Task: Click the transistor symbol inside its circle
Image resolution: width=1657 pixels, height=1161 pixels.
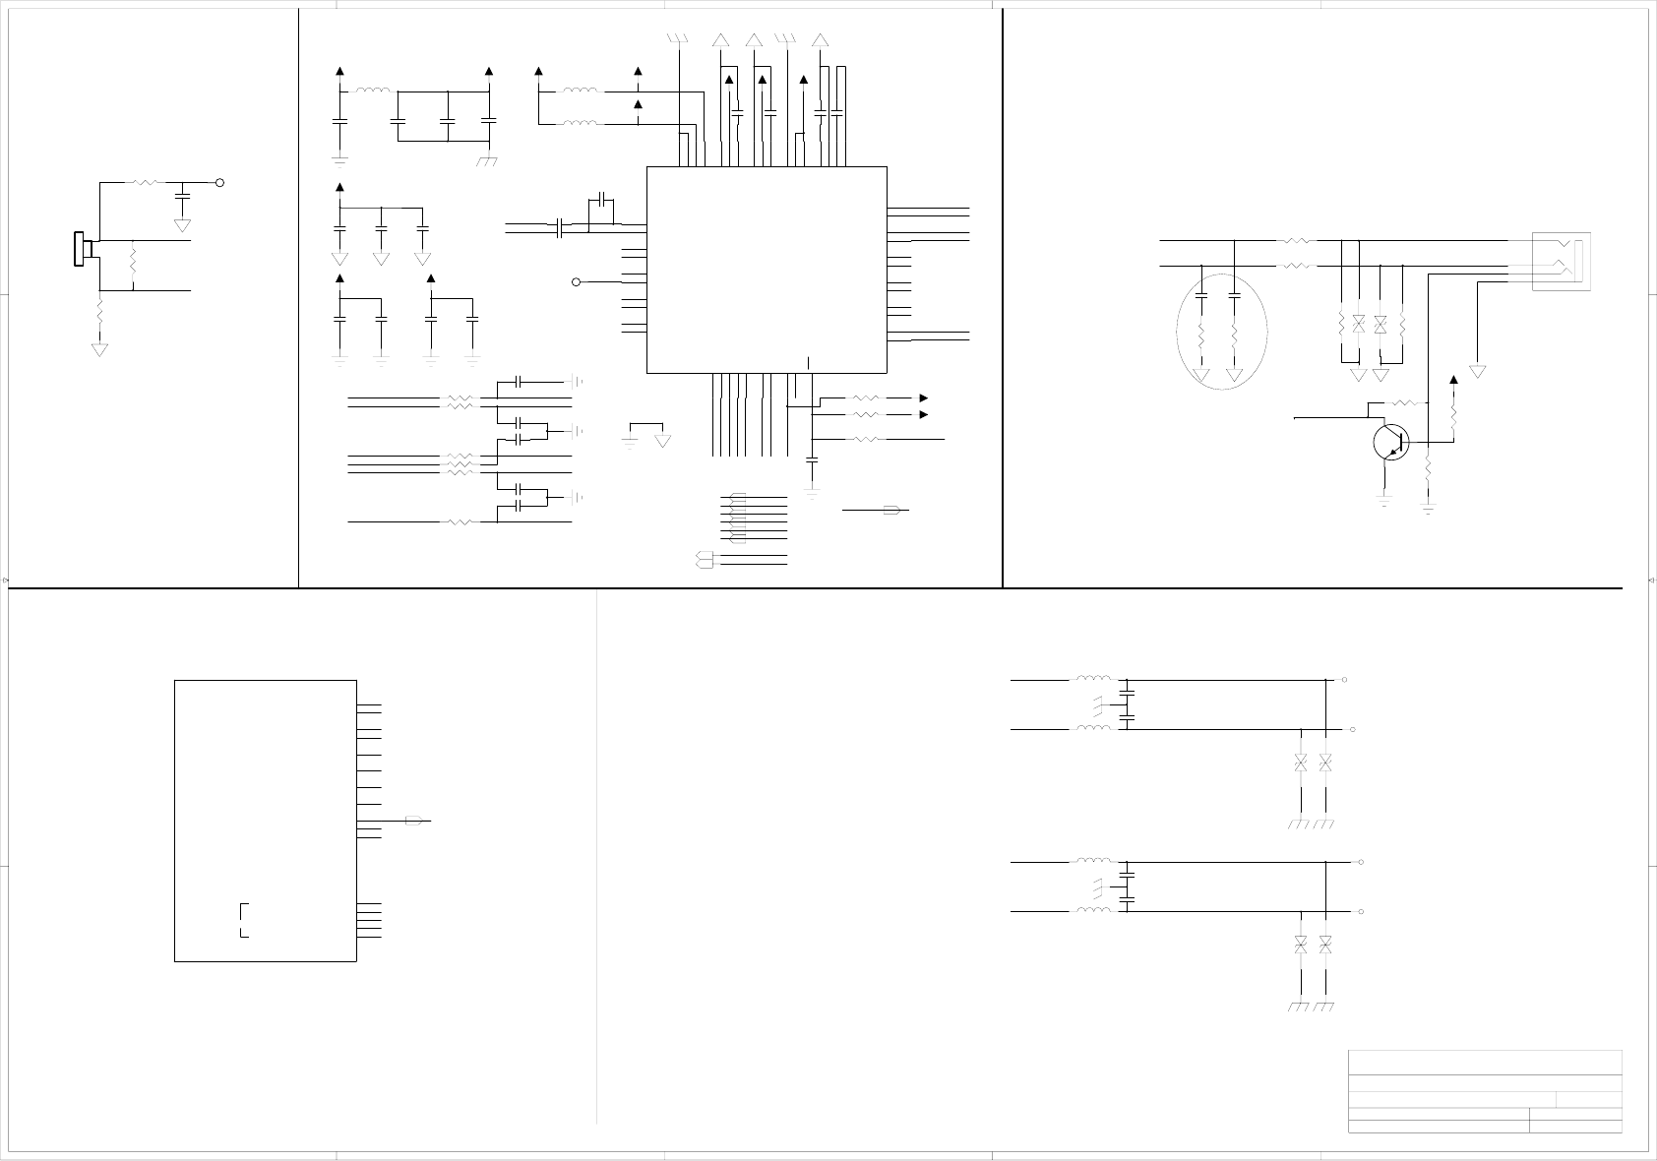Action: (1390, 442)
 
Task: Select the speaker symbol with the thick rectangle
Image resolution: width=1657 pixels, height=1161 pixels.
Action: (82, 249)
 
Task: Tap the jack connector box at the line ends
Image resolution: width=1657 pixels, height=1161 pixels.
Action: (1561, 261)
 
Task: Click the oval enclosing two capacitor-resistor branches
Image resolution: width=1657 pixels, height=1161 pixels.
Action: (1221, 331)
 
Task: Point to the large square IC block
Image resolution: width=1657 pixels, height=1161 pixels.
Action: (767, 270)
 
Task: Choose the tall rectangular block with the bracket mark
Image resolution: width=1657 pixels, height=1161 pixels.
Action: (265, 820)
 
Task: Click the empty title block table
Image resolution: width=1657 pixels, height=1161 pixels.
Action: (1484, 1091)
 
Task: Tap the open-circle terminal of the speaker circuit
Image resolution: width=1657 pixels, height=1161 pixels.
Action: (219, 183)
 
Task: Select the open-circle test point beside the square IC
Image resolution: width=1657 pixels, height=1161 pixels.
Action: (577, 282)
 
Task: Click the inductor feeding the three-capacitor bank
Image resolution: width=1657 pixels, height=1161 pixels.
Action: (372, 92)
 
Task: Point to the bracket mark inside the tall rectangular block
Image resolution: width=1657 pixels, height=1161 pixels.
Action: (243, 919)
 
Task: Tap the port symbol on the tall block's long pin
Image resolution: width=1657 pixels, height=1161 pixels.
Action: (416, 821)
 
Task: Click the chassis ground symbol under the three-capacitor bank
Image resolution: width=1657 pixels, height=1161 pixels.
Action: (486, 160)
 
